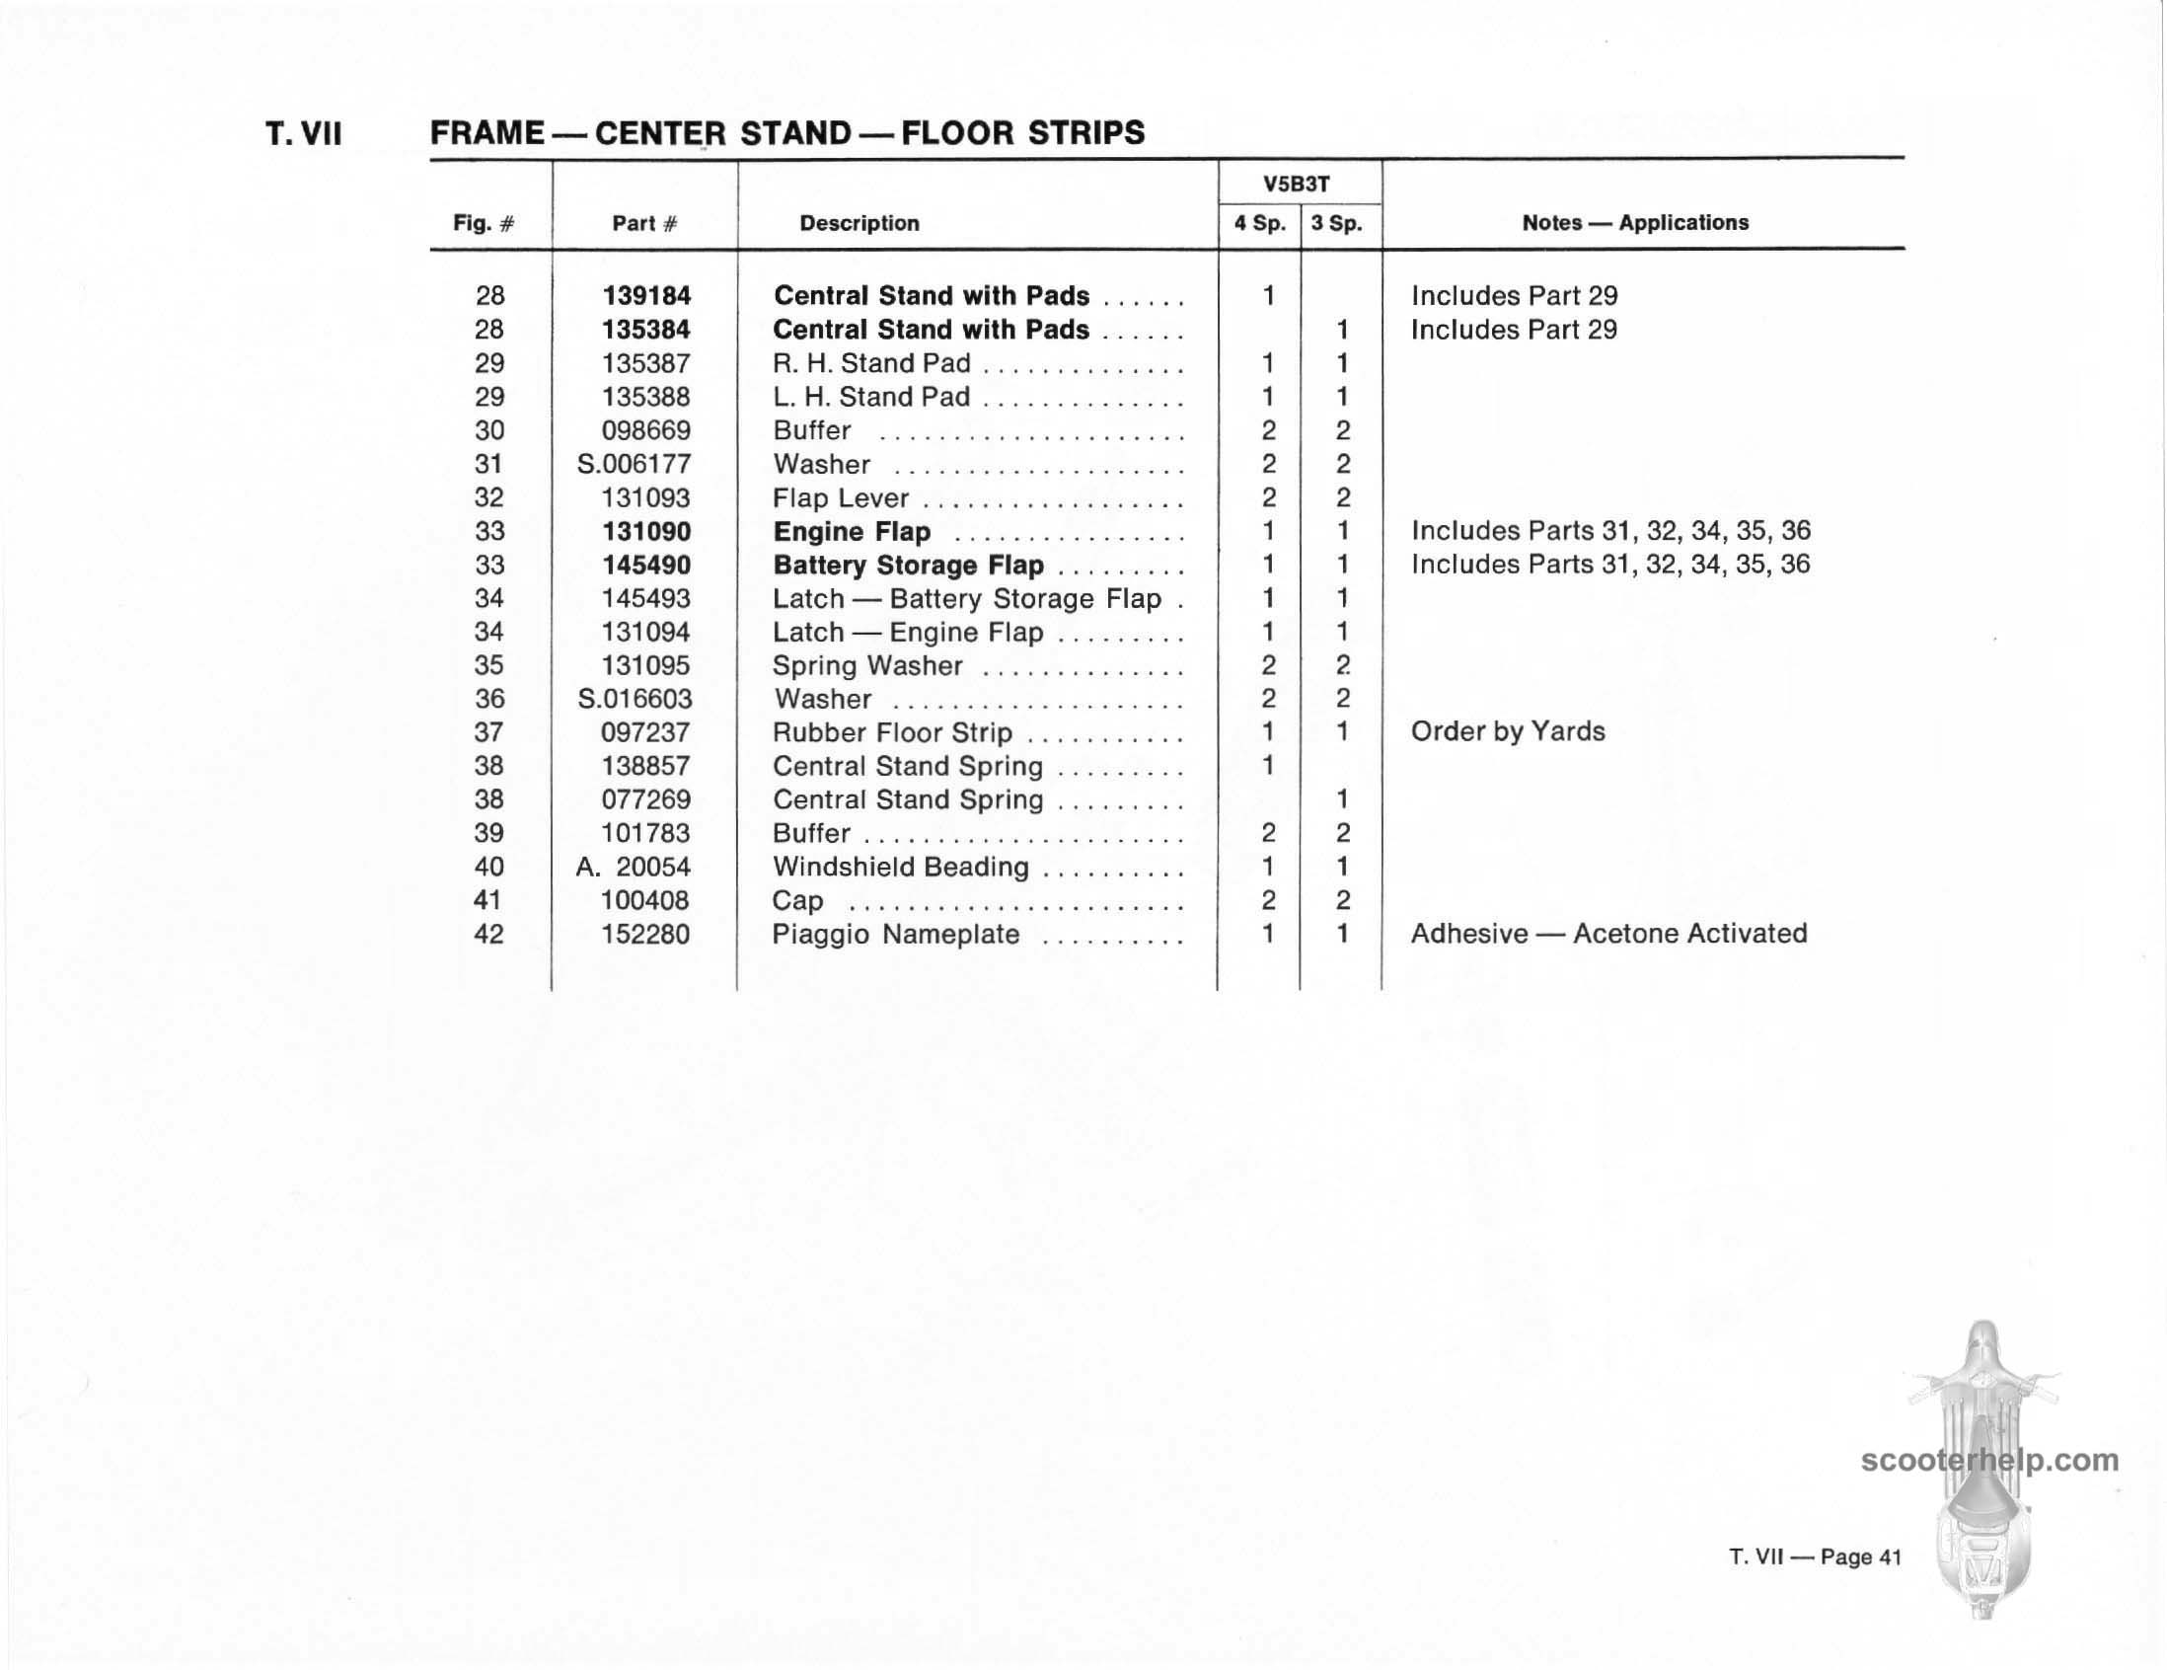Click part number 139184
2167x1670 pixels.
click(646, 296)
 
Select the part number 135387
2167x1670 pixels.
click(646, 363)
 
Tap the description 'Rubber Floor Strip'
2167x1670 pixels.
click(892, 732)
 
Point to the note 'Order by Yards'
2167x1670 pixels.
click(1507, 731)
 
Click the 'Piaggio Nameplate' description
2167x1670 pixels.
click(896, 935)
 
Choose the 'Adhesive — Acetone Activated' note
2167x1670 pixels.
click(1608, 934)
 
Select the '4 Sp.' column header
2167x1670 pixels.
click(1259, 223)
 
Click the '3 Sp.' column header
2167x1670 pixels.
click(1336, 223)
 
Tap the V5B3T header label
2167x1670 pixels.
click(1297, 185)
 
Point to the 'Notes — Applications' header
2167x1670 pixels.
click(1635, 222)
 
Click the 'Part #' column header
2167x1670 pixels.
click(645, 223)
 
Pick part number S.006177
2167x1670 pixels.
click(635, 465)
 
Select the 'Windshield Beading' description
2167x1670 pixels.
click(901, 868)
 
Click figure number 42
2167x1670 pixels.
click(489, 935)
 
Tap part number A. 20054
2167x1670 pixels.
click(634, 868)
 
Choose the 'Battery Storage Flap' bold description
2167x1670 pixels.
click(908, 566)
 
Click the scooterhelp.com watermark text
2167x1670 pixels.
click(1989, 1461)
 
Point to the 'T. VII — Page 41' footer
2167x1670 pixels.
click(1815, 1556)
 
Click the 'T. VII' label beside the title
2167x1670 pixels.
click(304, 134)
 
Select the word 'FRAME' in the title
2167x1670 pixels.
click(487, 133)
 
